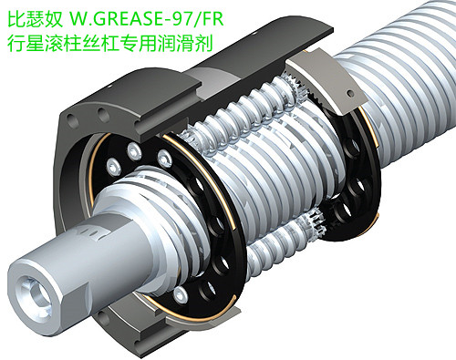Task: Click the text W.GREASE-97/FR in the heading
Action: pos(147,19)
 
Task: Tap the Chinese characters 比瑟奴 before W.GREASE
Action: pos(36,19)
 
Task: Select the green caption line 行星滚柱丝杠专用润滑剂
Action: pos(109,44)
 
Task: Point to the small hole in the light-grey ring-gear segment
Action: pos(351,93)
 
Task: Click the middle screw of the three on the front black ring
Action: pos(134,151)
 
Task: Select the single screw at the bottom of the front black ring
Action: pos(180,293)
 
